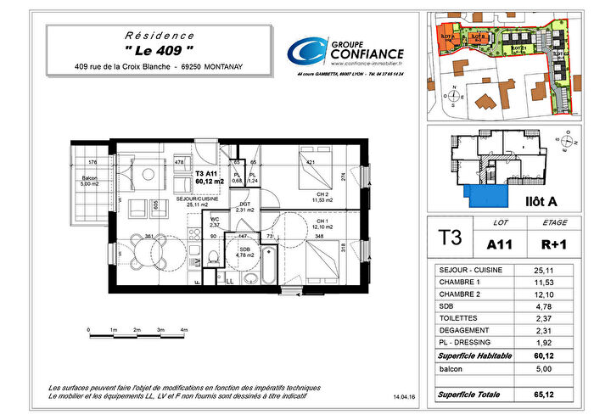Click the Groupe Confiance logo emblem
coord(303,53)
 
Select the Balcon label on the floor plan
coord(91,180)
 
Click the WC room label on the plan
coord(215,222)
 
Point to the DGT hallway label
coord(244,205)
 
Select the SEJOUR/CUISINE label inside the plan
coord(196,200)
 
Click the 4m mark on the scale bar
coord(183,329)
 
